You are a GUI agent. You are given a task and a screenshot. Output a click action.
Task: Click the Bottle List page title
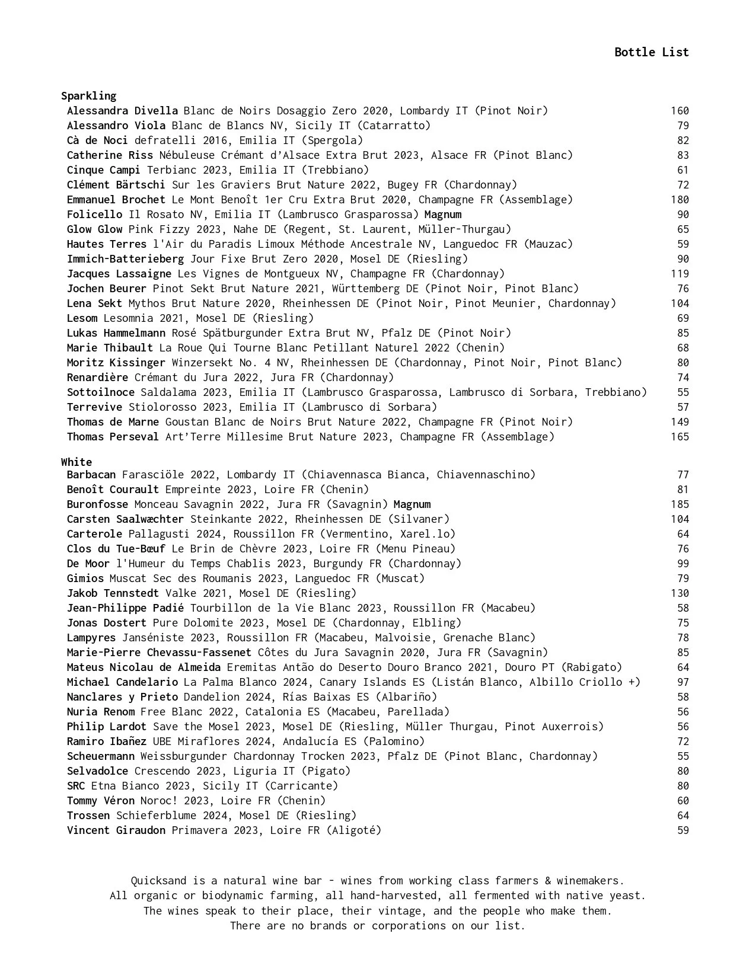[x=651, y=52]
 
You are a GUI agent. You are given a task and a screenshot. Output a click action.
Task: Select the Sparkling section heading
[x=88, y=96]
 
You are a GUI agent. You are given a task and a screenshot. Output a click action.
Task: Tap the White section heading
[x=76, y=462]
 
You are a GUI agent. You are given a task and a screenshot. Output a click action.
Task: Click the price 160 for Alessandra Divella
[x=680, y=111]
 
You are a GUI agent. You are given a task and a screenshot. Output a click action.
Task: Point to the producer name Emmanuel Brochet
[x=116, y=200]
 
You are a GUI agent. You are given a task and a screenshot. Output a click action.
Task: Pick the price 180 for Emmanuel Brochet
[x=680, y=200]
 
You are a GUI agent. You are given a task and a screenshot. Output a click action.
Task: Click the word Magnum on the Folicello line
[x=443, y=215]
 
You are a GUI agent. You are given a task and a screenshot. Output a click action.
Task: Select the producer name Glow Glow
[x=94, y=229]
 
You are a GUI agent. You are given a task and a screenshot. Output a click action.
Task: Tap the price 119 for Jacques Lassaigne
[x=680, y=274]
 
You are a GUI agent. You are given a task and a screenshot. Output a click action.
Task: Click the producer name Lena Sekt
[x=94, y=303]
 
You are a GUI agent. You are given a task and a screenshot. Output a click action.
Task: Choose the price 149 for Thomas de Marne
[x=680, y=422]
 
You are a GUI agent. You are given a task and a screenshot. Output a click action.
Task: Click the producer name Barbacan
[x=91, y=475]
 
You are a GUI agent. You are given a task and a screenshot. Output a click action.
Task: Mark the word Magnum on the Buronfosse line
[x=412, y=504]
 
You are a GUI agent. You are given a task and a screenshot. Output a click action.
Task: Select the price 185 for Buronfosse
[x=680, y=504]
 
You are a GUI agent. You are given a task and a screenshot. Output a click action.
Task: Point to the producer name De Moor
[x=88, y=564]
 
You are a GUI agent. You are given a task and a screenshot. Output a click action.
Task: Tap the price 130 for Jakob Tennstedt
[x=680, y=593]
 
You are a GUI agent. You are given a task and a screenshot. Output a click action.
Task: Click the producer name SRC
[x=76, y=786]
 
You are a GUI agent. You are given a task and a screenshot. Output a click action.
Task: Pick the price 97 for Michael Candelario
[x=683, y=682]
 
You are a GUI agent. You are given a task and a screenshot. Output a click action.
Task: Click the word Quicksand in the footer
[x=158, y=881]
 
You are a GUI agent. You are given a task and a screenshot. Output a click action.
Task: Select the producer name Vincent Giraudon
[x=116, y=830]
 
